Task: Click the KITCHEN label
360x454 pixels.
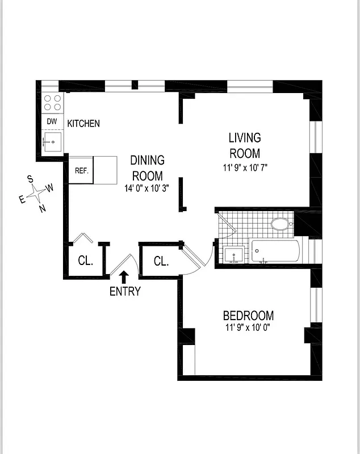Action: click(83, 123)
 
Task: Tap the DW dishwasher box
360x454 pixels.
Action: click(52, 121)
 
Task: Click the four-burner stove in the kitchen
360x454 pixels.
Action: click(53, 103)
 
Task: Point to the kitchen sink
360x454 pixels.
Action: click(53, 141)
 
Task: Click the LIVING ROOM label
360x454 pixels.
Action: click(245, 145)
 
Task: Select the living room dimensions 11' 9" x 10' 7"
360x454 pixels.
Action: click(244, 167)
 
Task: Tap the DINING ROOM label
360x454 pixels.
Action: click(147, 168)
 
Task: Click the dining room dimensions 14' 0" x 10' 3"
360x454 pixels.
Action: click(147, 188)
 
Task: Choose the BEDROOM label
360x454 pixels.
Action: click(248, 316)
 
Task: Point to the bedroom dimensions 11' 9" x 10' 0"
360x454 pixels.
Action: click(248, 328)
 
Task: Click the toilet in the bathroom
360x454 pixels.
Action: click(281, 224)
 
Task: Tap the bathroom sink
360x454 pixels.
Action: click(233, 255)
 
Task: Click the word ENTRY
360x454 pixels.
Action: click(125, 292)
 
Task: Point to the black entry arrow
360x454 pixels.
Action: click(124, 277)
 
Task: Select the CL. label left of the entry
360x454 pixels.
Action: click(85, 261)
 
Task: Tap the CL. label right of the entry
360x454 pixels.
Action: click(161, 262)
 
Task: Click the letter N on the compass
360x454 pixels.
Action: click(42, 208)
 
